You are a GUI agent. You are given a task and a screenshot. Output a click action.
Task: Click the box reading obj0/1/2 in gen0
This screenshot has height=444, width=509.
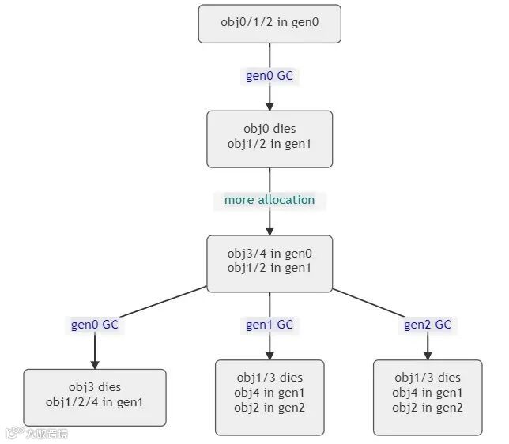269,24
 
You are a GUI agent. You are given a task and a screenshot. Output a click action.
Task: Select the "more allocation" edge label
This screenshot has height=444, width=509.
269,200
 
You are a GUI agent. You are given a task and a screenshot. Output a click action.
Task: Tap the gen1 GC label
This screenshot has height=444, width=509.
269,325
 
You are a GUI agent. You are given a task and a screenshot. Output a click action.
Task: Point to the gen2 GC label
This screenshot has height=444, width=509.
427,325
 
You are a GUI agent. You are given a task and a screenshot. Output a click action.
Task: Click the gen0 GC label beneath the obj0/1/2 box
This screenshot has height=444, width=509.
269,76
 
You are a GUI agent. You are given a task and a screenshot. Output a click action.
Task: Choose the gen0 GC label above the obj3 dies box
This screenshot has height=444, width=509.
95,325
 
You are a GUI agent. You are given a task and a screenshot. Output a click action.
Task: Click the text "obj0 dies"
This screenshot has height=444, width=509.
269,128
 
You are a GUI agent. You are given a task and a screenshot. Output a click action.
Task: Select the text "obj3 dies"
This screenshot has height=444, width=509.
95,387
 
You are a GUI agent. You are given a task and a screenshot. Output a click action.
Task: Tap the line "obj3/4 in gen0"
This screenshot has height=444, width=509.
269,253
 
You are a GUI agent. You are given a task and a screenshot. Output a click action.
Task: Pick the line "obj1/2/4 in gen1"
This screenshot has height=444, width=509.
95,401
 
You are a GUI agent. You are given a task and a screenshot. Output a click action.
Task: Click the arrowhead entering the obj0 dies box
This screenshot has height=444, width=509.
270,105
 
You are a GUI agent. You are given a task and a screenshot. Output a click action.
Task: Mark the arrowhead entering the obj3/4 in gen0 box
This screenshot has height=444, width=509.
270,230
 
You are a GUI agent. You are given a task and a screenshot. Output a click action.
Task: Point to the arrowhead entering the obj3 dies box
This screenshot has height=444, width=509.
95,363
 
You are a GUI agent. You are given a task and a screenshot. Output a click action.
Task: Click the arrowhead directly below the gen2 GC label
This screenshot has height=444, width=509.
428,355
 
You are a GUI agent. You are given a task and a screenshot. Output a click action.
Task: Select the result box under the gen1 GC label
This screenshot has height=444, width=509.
270,397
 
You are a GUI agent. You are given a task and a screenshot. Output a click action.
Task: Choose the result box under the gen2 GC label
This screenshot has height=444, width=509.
428,397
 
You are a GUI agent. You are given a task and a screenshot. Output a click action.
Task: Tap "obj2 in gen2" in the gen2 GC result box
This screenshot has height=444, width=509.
428,408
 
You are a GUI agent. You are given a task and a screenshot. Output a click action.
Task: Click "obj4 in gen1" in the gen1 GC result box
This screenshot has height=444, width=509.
270,393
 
